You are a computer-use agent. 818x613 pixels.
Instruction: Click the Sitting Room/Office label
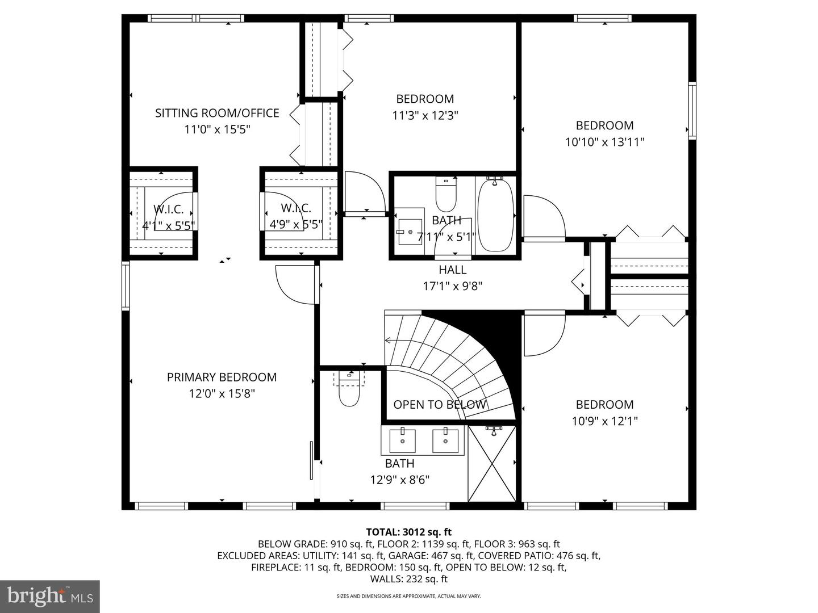217,113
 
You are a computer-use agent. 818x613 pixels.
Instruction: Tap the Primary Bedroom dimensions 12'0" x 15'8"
222,393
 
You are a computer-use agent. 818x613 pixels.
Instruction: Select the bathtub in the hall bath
495,215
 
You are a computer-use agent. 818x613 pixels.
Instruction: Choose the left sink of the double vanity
402,441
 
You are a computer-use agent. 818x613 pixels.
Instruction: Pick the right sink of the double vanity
445,441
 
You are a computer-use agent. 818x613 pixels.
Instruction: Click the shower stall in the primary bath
493,464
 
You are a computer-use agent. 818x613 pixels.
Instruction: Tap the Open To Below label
440,405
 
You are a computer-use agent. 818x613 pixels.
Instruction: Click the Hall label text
452,270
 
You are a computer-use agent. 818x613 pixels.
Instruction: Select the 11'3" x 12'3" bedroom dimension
425,115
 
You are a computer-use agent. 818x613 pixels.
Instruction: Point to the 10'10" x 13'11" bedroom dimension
604,142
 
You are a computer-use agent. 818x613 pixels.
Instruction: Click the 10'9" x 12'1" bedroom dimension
604,421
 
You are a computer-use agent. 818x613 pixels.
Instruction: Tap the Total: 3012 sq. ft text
408,532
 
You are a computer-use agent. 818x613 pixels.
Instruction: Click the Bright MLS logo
50,597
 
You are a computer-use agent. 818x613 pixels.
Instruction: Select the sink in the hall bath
410,232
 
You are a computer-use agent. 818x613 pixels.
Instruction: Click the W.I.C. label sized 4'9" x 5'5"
296,209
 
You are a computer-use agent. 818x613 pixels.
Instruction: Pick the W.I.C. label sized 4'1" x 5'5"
168,209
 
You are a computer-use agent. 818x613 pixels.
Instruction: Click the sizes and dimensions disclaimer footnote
408,596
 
